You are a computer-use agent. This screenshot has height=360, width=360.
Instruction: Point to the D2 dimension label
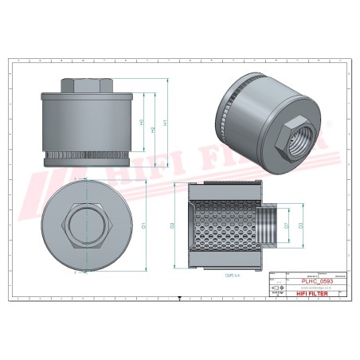click(x=172, y=225)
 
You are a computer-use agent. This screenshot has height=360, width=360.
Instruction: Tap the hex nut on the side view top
click(x=80, y=86)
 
